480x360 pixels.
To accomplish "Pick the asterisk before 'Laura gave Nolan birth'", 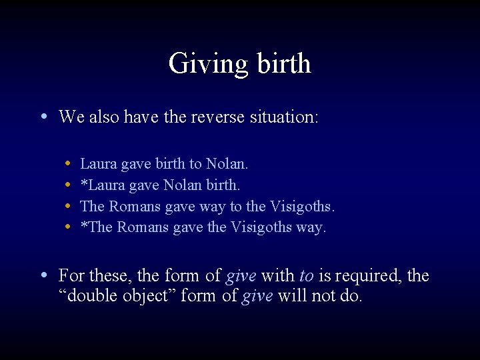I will click(83, 183).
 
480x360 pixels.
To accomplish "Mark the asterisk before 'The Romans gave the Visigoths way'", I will click(83, 226).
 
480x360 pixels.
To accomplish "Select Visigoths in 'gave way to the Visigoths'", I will click(301, 206).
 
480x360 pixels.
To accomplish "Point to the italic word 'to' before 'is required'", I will click(306, 276).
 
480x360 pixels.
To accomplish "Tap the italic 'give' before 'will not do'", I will click(256, 296).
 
